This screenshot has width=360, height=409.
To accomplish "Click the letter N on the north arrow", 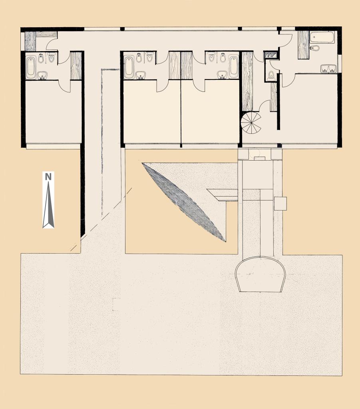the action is pyautogui.click(x=48, y=177).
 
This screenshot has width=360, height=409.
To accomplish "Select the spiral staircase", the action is pyautogui.click(x=251, y=123).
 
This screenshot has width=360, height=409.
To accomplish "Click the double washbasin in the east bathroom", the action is pyautogui.click(x=329, y=69).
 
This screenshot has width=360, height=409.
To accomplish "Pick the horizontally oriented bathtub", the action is pyautogui.click(x=322, y=37).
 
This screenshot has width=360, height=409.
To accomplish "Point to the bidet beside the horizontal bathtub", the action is pyautogui.click(x=315, y=48).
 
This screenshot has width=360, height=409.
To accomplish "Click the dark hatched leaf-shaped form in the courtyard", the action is pyautogui.click(x=184, y=202).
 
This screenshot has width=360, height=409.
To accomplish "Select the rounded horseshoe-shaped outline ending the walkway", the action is pyautogui.click(x=261, y=274).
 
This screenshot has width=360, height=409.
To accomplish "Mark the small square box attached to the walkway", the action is pyautogui.click(x=280, y=203).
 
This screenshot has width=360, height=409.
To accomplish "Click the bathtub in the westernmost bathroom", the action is pyautogui.click(x=31, y=68).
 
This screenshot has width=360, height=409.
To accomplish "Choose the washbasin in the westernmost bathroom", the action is pyautogui.click(x=42, y=75).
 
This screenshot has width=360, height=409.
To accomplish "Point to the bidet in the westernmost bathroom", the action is pyautogui.click(x=41, y=59).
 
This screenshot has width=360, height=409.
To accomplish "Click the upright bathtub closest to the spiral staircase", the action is pyautogui.click(x=233, y=67).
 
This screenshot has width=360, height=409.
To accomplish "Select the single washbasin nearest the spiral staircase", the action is pyautogui.click(x=222, y=75).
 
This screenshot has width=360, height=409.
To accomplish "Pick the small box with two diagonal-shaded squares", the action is pyautogui.click(x=270, y=55).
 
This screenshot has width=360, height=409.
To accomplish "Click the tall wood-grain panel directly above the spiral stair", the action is pyautogui.click(x=248, y=81).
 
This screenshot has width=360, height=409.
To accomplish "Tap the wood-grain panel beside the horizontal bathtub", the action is pyautogui.click(x=303, y=45).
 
